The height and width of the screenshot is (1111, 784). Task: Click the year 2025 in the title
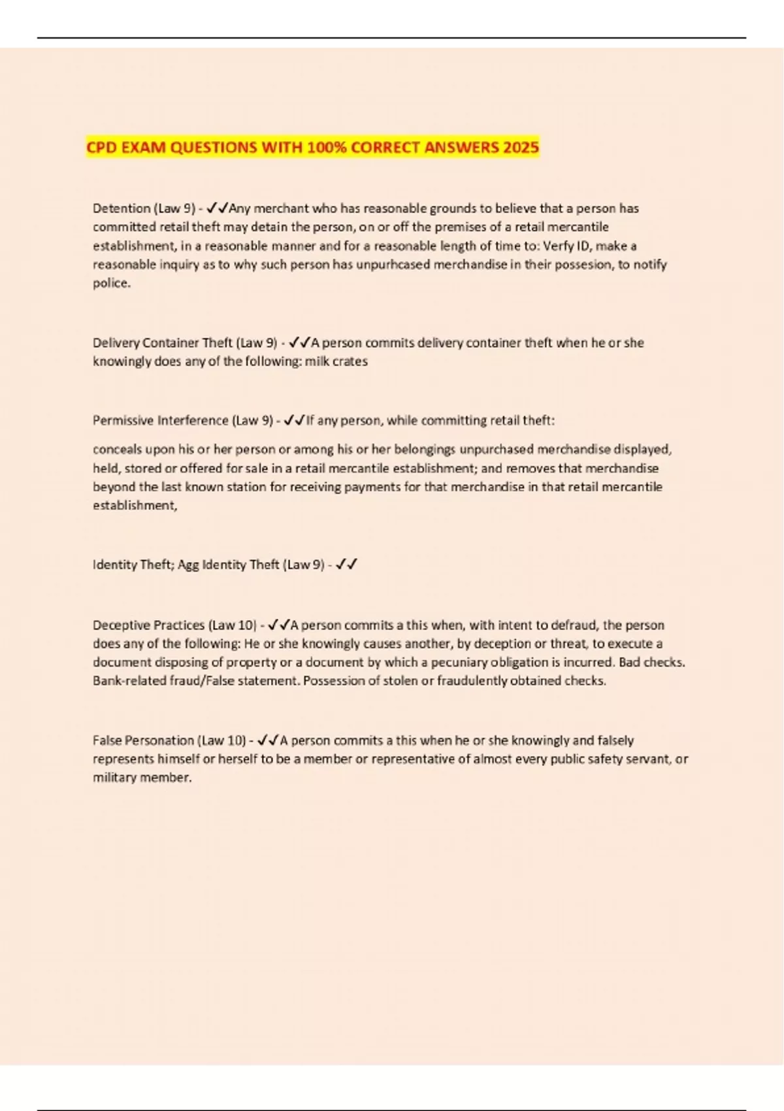click(521, 148)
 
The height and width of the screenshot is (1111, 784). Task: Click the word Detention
click(122, 208)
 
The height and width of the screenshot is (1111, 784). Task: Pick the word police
click(112, 284)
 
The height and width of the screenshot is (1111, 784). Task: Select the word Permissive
click(123, 420)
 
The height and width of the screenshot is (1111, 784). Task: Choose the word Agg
click(188, 565)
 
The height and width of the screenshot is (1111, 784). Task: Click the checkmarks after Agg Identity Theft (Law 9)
click(346, 565)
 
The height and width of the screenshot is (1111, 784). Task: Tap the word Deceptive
click(121, 625)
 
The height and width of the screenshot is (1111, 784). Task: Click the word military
click(115, 778)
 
